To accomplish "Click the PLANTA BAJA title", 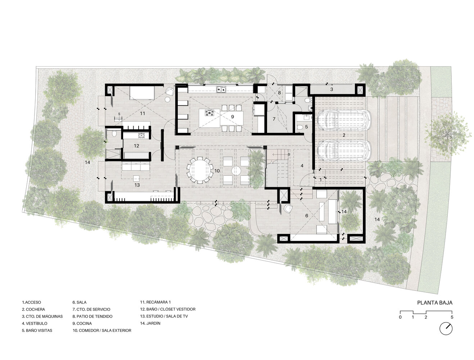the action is point(434,302).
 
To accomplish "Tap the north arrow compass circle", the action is point(446,329).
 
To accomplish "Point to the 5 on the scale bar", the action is point(452,318).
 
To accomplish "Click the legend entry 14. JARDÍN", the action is point(150,323).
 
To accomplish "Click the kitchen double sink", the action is point(221,89).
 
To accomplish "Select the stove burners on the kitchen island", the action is point(209,113).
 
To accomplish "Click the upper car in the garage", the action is point(343,120).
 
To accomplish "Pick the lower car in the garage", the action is point(344,150).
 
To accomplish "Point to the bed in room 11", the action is point(142,93).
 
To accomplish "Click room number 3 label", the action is point(331,89).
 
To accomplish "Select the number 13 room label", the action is point(137,185).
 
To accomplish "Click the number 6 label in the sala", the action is point(307,216).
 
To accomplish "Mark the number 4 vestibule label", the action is point(302,166).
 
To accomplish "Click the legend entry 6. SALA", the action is point(79,302).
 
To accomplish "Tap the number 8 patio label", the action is point(279,93).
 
